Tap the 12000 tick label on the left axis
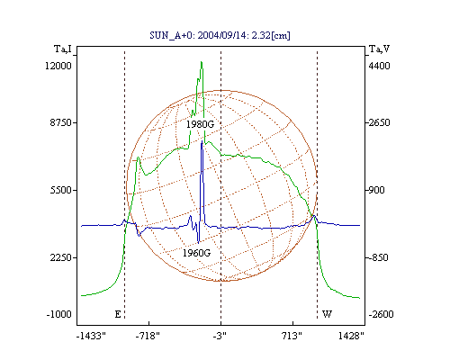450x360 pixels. click(58, 66)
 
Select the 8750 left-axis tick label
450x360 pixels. click(61, 122)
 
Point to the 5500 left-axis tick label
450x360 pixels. click(61, 190)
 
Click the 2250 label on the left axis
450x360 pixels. click(61, 257)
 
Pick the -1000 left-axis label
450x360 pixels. click(59, 314)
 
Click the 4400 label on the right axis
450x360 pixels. click(380, 66)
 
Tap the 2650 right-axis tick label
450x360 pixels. click(380, 122)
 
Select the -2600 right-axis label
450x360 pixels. click(381, 314)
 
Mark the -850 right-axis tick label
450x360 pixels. click(378, 257)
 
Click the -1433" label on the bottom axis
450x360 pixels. click(91, 336)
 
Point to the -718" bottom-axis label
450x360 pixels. click(148, 336)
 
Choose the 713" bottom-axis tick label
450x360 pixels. click(292, 336)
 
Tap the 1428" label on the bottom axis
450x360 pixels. click(351, 336)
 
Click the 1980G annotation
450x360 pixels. click(200, 124)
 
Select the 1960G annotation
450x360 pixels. click(197, 253)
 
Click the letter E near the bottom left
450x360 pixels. click(118, 314)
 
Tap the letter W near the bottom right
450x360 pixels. click(327, 314)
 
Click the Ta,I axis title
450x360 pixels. click(63, 49)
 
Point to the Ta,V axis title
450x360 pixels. click(380, 49)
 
